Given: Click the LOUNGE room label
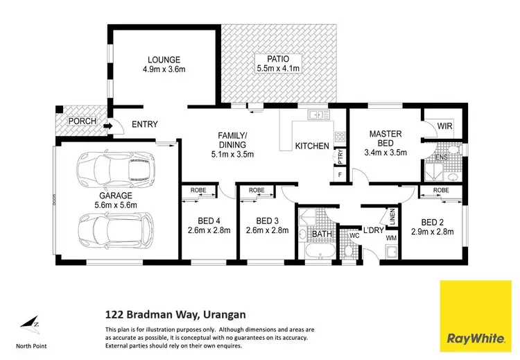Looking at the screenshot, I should (x=164, y=59).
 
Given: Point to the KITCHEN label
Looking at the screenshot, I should (x=312, y=146).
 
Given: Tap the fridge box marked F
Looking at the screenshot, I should (x=340, y=174).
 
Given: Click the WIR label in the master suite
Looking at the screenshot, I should (x=444, y=126).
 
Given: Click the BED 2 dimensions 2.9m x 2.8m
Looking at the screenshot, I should (x=432, y=232).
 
